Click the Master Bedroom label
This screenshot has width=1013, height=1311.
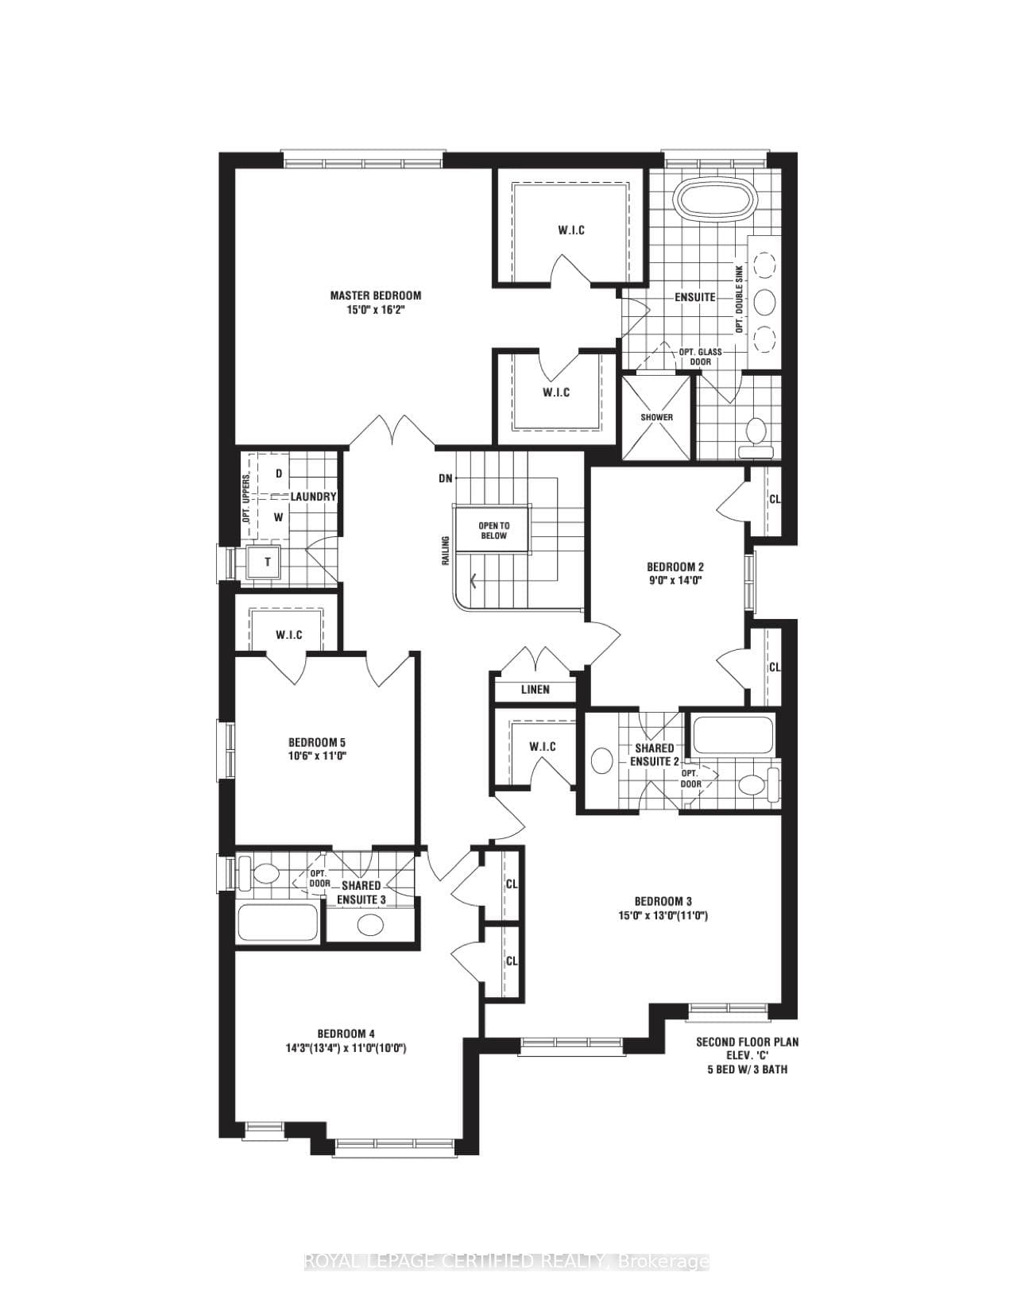375,296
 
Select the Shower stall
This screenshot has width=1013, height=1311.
656,417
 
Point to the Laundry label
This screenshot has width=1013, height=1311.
313,497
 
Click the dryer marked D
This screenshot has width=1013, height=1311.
279,474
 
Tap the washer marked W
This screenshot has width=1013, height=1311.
279,517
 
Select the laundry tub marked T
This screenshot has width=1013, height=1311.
266,563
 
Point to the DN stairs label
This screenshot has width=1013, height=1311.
445,478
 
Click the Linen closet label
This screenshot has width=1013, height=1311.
535,690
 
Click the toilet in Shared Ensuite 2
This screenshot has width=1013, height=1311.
758,784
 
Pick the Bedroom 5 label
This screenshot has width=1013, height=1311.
317,742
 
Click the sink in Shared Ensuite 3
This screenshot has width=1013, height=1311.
370,924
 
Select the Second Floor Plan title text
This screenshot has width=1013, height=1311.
748,1042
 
